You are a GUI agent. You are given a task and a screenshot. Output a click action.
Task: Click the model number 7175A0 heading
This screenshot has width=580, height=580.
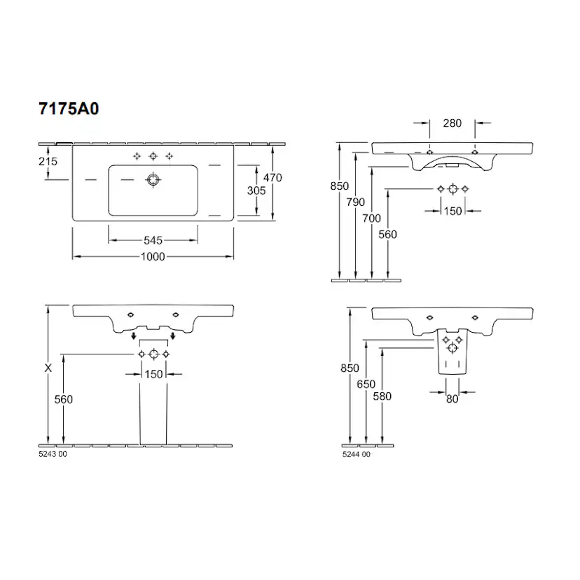click(x=69, y=109)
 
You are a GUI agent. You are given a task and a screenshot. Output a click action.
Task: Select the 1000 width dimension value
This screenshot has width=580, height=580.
click(x=153, y=256)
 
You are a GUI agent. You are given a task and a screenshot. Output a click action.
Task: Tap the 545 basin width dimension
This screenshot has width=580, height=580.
click(x=153, y=240)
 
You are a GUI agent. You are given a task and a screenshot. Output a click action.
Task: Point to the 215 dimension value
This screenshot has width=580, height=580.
click(x=48, y=161)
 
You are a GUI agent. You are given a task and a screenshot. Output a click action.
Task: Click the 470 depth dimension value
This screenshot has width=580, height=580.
click(x=272, y=177)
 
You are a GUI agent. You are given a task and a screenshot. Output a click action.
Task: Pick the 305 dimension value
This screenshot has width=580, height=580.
click(x=256, y=191)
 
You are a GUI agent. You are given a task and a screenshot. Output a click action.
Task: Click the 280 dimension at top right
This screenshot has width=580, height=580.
click(x=453, y=123)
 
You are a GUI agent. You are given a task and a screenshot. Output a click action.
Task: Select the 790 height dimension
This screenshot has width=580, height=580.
click(x=355, y=202)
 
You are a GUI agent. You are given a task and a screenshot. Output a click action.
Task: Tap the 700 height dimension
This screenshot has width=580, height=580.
click(x=371, y=219)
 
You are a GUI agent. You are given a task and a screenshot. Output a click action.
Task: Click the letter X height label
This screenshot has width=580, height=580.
click(x=48, y=368)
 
